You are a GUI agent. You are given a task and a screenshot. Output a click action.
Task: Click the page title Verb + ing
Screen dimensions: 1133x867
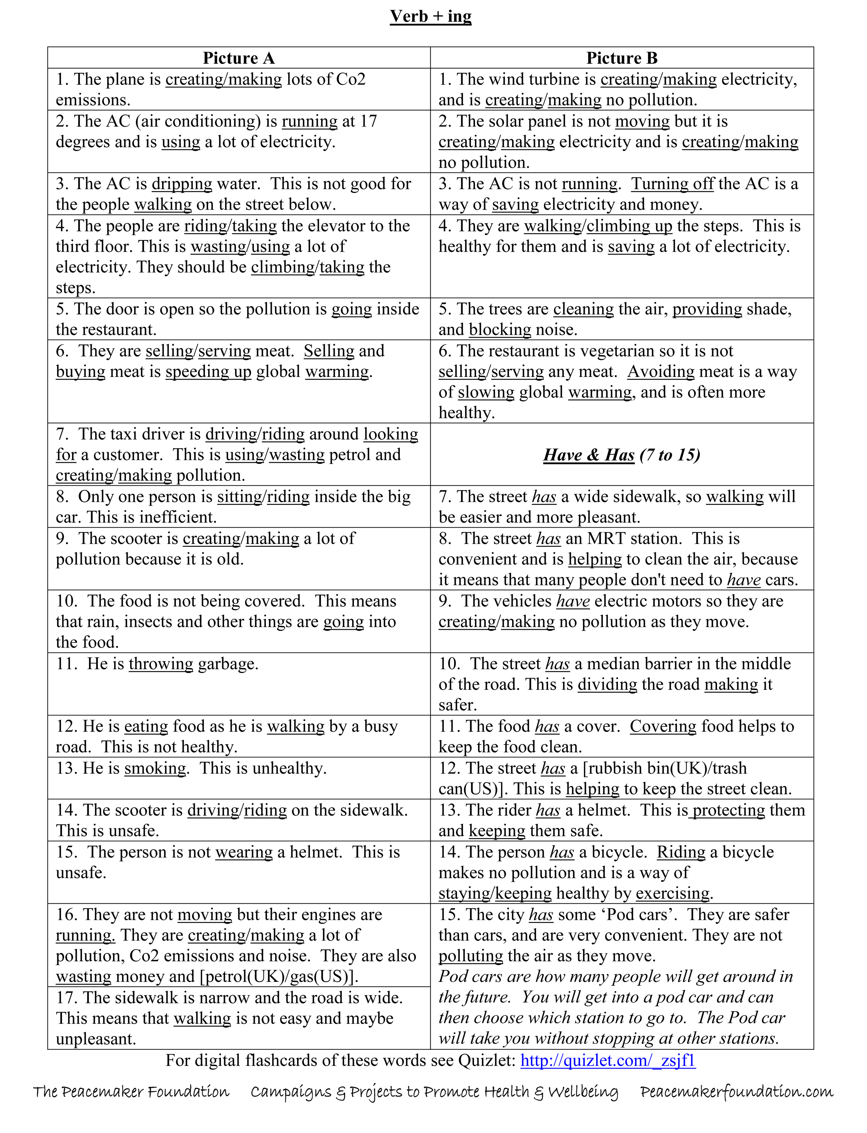pyautogui.click(x=430, y=17)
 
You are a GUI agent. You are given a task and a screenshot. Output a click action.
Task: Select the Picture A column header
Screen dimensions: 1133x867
pyautogui.click(x=239, y=58)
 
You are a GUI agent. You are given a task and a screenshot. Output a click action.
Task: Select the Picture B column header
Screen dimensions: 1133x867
pyautogui.click(x=622, y=58)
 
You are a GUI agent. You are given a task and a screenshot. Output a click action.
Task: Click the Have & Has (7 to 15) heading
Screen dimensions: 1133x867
pyautogui.click(x=622, y=455)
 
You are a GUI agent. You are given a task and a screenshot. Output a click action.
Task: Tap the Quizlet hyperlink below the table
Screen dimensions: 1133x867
pyautogui.click(x=608, y=1060)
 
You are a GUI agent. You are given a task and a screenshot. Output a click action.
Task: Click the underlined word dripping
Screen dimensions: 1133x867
pyautogui.click(x=182, y=184)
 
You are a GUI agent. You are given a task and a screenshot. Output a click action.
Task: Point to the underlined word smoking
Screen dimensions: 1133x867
pyautogui.click(x=155, y=768)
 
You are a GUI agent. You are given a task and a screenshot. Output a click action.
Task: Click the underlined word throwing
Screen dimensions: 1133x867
pyautogui.click(x=161, y=664)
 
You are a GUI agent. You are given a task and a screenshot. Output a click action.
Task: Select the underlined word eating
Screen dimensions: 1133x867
pyautogui.click(x=146, y=727)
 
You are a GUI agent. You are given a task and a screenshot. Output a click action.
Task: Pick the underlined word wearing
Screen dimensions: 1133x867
pyautogui.click(x=244, y=852)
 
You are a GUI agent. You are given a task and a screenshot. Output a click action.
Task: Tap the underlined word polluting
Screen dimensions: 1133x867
pyautogui.click(x=471, y=956)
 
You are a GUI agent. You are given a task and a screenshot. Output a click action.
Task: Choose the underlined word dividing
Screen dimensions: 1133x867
pyautogui.click(x=607, y=685)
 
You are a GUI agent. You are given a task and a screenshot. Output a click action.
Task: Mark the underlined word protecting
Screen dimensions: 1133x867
pyautogui.click(x=728, y=810)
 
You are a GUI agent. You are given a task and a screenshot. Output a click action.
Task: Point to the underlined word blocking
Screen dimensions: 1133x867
pyautogui.click(x=500, y=330)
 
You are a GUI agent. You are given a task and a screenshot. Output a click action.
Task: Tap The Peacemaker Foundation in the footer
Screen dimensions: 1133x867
pyautogui.click(x=131, y=1092)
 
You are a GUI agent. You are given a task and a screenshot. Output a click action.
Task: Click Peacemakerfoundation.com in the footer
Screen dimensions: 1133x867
pyautogui.click(x=736, y=1092)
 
